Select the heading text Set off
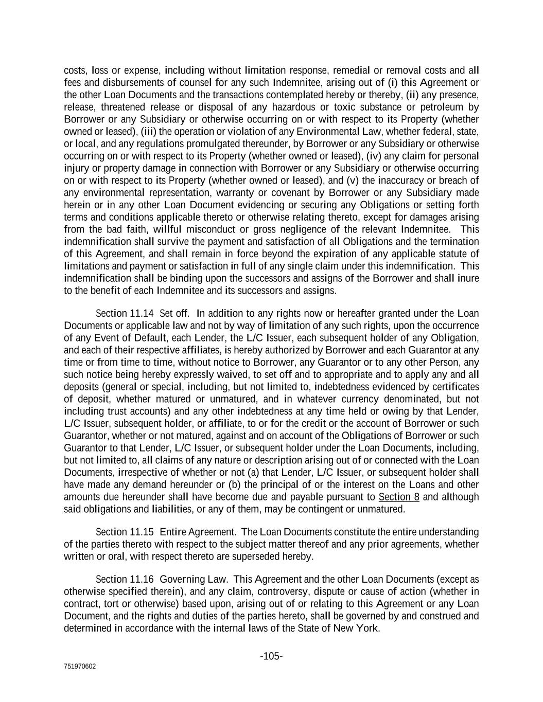(174, 314)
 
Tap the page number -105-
(271, 656)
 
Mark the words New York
(356, 628)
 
